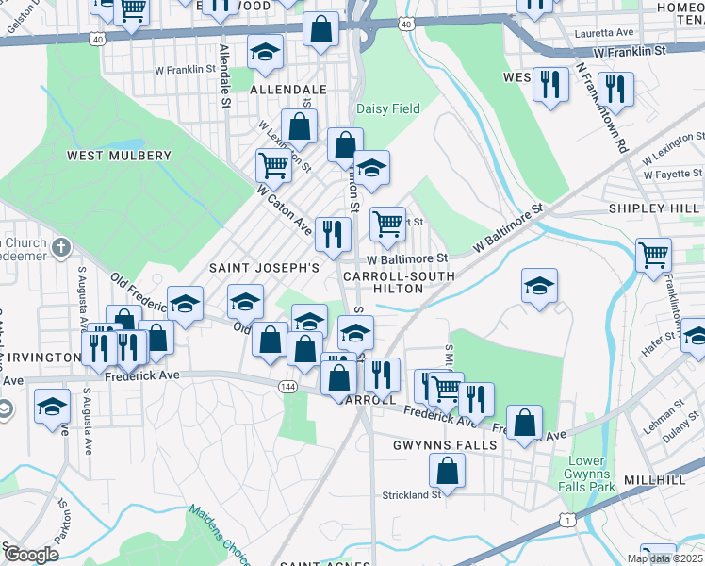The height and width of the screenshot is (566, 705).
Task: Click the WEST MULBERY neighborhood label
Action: coord(119,156)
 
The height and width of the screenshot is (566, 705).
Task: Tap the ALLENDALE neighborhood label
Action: coord(288,90)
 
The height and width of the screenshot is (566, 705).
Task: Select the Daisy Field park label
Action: coord(387,108)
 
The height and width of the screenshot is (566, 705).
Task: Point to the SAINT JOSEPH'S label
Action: coord(265,268)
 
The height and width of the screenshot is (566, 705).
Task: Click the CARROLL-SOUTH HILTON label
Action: coord(399,282)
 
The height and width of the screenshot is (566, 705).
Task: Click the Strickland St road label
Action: coord(412,494)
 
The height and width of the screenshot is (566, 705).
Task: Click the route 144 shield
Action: coord(288,387)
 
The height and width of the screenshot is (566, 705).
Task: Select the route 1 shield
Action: coord(566,520)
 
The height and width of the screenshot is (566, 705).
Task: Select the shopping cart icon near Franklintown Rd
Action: coord(653,255)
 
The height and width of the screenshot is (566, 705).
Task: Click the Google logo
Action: coord(31,554)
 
